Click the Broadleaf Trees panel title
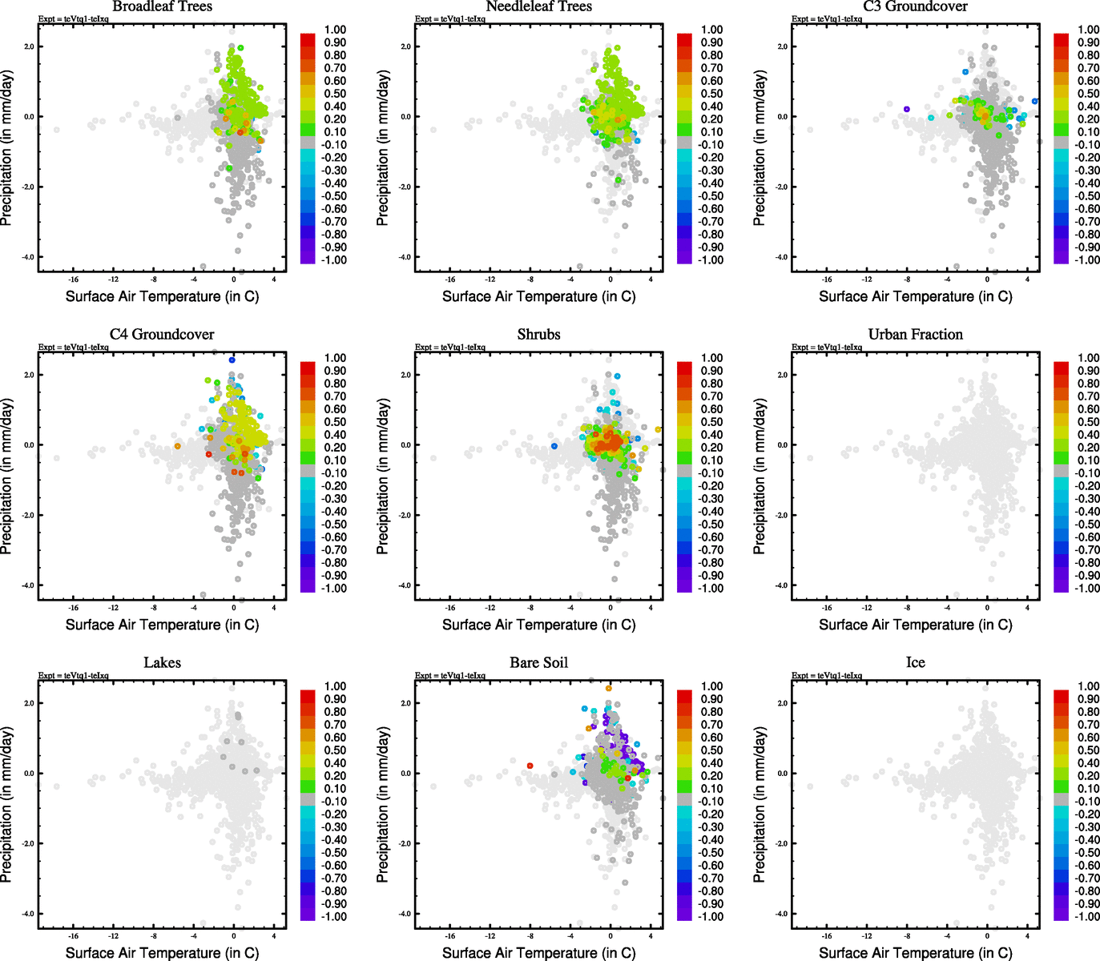162,7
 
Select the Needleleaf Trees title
538,7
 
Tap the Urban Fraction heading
915,335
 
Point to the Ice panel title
915,663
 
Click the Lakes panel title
162,663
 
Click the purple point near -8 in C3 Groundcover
907,109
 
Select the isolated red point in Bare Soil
530,766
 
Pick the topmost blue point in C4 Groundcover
232,360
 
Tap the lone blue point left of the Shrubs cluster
554,446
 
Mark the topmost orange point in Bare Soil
608,688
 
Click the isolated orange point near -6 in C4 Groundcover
178,446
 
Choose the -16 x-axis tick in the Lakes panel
73,936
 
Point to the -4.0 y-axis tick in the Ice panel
783,914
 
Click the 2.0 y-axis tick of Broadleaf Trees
29,46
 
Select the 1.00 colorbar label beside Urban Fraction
1088,358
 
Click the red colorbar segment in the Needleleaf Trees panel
685,38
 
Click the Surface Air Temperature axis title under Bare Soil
538,953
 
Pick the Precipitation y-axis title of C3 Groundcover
760,147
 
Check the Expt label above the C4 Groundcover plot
74,348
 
